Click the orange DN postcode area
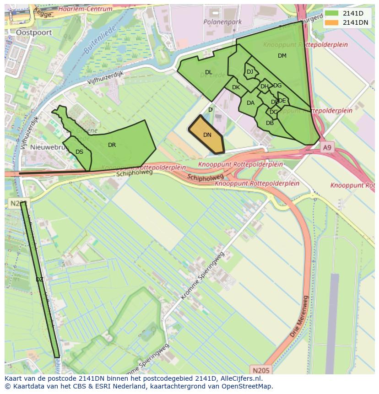coord(207,135)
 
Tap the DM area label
coord(282,56)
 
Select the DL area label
coord(208,72)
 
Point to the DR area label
coord(112,145)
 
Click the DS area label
coord(79,152)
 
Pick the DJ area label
coord(250,72)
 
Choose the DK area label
coord(236,87)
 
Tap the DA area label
coord(250,103)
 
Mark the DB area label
coord(270,123)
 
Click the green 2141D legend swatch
coord(332,13)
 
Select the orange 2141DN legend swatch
coord(332,22)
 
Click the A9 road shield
coord(326,148)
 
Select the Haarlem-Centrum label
coord(86,9)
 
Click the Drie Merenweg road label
coord(299,317)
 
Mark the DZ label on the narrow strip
coord(39,280)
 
